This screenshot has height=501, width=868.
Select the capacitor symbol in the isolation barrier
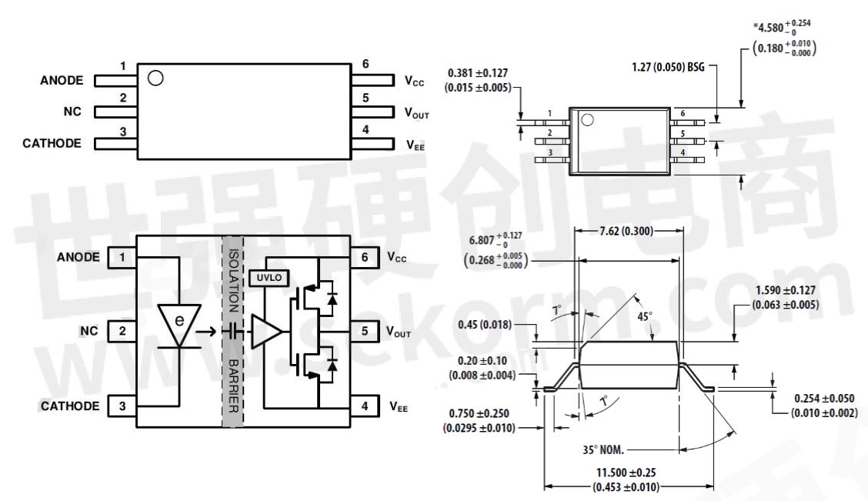coord(232,332)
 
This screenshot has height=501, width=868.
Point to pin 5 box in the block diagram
coord(365,332)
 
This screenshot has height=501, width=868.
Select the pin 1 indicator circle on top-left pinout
coord(155,78)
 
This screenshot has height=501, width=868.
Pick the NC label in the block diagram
coord(89,332)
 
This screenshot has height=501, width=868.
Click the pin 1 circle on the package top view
coord(588,120)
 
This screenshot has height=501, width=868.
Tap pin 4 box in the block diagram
coord(365,406)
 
